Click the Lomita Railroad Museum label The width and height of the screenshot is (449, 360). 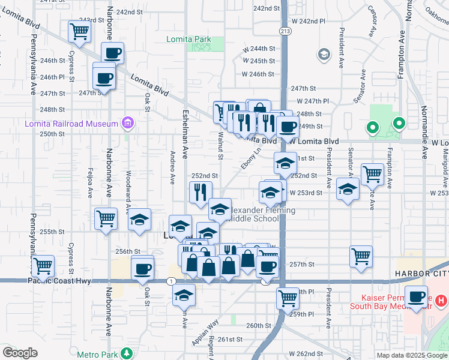71,124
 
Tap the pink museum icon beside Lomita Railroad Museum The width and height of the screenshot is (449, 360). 127,124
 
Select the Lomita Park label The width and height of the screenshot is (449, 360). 188,40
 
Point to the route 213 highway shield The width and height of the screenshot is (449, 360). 285,31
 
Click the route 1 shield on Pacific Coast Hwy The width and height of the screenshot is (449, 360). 172,281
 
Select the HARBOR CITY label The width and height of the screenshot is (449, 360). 421,274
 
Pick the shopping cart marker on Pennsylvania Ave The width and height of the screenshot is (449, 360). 43,265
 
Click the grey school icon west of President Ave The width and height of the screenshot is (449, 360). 324,55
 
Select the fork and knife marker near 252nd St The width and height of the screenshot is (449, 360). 199,192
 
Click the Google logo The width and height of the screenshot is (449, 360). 20,353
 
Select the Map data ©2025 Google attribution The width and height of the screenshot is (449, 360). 412,355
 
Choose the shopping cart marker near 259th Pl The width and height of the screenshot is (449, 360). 288,297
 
